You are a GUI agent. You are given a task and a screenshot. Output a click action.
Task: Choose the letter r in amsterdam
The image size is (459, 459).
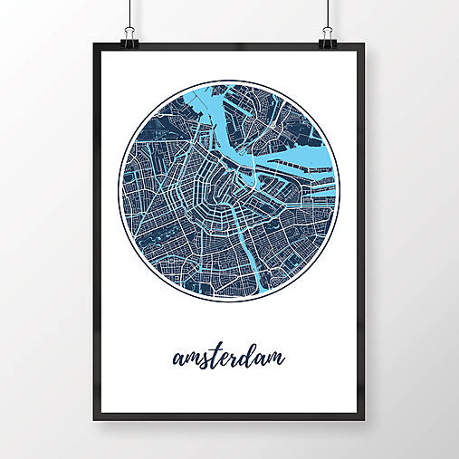pos(234,359)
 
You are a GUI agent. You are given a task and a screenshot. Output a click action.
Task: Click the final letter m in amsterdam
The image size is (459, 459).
pos(274,359)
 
